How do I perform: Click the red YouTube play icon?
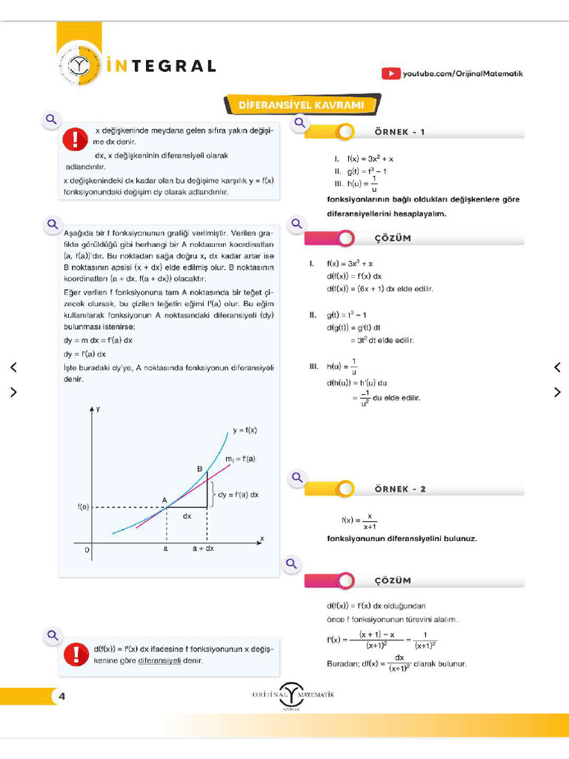tap(390, 73)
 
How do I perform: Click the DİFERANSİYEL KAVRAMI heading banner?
tap(301, 105)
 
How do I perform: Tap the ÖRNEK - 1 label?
tap(400, 132)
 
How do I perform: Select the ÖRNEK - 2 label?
tap(400, 489)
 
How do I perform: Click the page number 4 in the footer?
tap(62, 696)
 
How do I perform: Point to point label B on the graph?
tap(199, 468)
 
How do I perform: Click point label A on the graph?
tap(164, 500)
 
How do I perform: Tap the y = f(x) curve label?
tap(244, 430)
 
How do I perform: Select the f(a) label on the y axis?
tap(83, 507)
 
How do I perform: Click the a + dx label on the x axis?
tap(203, 548)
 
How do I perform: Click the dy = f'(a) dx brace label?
tap(238, 494)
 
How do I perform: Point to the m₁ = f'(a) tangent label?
tap(240, 459)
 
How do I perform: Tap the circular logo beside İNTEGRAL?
tap(79, 67)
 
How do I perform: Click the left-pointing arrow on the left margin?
tap(13, 367)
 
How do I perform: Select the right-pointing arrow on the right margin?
tap(557, 392)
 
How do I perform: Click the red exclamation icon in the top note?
tap(75, 139)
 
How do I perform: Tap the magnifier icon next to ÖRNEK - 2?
tap(297, 478)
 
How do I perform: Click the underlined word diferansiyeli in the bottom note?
tap(159, 660)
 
